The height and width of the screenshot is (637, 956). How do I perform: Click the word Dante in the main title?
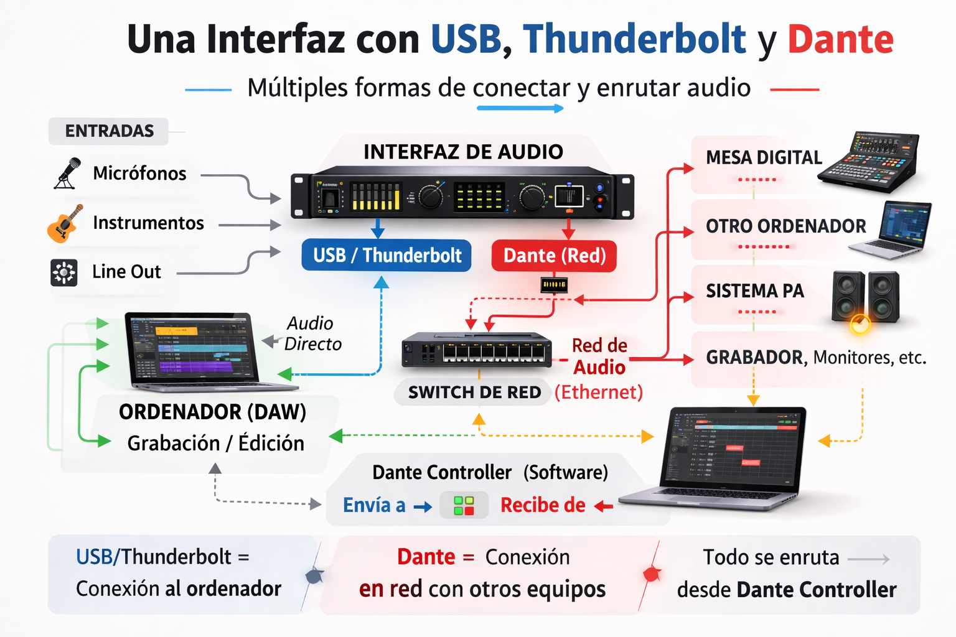point(840,39)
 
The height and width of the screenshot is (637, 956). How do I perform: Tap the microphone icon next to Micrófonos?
point(67,173)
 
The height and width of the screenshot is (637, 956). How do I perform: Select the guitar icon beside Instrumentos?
point(64,223)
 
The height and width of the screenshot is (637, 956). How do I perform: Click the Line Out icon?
point(64,272)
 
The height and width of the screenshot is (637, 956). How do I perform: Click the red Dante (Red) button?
point(554,256)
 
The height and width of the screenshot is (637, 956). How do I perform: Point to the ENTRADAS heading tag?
point(109,131)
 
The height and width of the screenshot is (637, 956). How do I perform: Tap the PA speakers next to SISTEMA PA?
point(865,297)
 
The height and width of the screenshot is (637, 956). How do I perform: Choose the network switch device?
point(477,350)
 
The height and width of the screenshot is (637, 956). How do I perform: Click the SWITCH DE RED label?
point(474,393)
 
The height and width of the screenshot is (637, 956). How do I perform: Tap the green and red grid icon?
point(464,506)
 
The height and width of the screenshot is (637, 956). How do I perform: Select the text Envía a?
point(373,506)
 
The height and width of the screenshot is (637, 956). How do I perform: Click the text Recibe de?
point(543,506)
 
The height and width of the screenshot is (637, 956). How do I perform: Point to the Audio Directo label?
point(312,333)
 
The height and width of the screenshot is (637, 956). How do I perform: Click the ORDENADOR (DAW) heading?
point(212,412)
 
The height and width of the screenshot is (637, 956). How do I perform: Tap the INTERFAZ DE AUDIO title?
point(463,152)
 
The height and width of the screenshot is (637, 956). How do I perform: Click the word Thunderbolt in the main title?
point(634,39)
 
